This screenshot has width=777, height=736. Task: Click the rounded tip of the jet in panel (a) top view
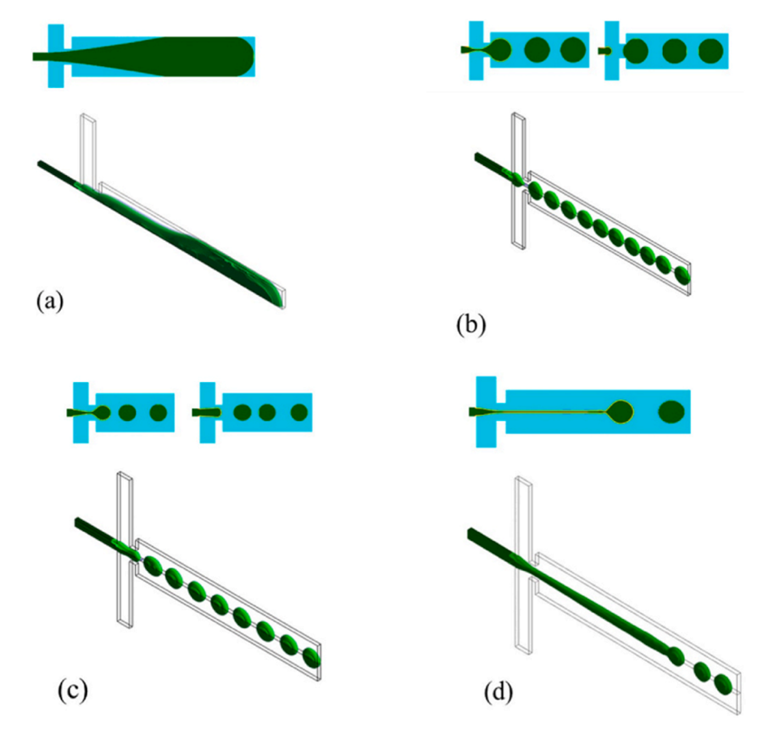click(244, 56)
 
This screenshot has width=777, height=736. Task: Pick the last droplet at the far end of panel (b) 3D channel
click(682, 275)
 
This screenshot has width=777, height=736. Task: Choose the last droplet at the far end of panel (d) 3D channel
click(722, 683)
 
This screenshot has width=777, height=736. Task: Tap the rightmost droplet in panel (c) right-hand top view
click(299, 413)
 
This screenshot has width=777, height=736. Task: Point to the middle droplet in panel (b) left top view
click(537, 50)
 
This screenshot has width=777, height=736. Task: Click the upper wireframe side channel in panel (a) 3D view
click(89, 147)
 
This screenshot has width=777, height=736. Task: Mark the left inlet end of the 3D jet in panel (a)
click(41, 165)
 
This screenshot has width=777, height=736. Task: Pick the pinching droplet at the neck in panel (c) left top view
click(102, 413)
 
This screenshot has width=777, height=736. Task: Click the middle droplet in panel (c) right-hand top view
click(267, 413)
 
